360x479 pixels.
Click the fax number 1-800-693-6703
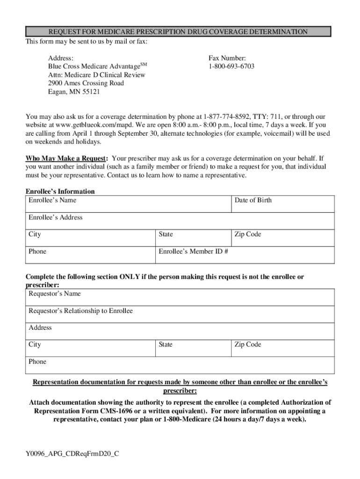(231, 66)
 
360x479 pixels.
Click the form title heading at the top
(178, 32)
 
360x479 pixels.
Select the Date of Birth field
(283, 204)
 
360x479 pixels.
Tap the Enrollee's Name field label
(52, 200)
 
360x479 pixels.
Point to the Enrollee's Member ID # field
(245, 255)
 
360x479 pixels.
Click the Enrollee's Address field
(180, 221)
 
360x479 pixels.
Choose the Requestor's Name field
(180, 298)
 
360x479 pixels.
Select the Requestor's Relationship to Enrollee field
(180, 315)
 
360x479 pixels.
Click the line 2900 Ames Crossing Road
(86, 83)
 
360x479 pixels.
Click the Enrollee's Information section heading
(60, 191)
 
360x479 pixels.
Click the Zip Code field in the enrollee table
(283, 238)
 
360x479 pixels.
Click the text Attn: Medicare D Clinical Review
(97, 75)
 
